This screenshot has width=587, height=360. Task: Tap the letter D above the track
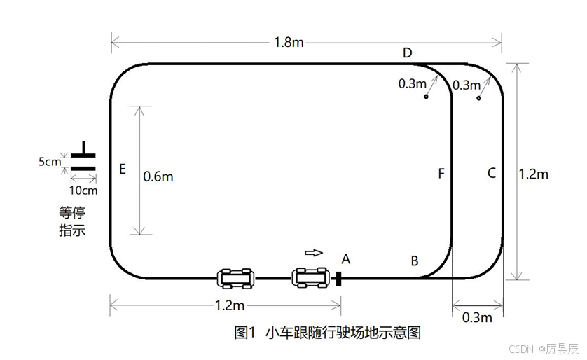click(407, 53)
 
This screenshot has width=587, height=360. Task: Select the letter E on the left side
click(123, 169)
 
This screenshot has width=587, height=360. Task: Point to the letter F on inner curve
click(441, 173)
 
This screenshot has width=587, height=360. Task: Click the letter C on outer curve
click(491, 172)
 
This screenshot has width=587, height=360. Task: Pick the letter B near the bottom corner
click(415, 261)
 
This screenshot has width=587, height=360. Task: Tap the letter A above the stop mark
click(345, 258)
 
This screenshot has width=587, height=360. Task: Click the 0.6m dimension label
click(158, 176)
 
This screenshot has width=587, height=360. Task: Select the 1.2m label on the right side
click(533, 174)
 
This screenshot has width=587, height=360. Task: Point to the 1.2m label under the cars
click(228, 306)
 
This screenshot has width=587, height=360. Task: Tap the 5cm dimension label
click(49, 162)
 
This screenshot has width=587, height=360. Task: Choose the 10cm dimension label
click(83, 190)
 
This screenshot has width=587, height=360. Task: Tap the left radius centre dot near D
click(425, 97)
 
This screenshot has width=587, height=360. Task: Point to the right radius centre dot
click(478, 97)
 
